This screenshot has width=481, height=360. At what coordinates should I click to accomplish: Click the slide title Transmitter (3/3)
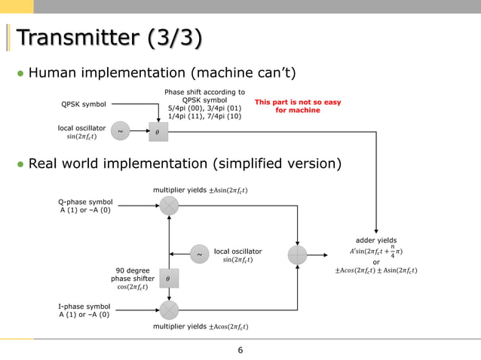click(x=109, y=38)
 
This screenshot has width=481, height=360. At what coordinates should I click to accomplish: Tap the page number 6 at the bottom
click(x=240, y=350)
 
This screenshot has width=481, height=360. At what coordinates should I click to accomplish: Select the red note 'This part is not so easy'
click(x=298, y=102)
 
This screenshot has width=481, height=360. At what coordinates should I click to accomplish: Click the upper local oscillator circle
click(x=121, y=131)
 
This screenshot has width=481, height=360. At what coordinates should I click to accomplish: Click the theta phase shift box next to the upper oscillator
click(x=158, y=132)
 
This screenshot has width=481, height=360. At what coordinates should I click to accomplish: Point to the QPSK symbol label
click(x=84, y=104)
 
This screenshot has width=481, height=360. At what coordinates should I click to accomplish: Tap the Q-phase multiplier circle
click(x=169, y=206)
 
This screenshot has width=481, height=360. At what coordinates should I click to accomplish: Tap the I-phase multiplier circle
click(x=169, y=310)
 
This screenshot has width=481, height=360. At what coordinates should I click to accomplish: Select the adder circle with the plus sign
click(x=297, y=255)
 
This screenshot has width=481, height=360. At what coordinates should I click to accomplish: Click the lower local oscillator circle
click(x=199, y=254)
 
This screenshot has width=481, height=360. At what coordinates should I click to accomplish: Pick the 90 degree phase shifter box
click(x=169, y=279)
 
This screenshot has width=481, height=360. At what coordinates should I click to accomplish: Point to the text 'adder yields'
click(x=376, y=240)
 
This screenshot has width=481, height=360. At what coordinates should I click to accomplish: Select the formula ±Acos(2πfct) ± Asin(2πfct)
click(x=376, y=270)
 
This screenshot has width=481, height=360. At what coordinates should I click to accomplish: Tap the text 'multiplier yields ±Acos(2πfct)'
click(x=201, y=327)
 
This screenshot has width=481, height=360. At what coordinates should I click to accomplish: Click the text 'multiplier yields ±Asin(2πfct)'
click(x=201, y=191)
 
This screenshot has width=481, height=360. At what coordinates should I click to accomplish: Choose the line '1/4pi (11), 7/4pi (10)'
click(x=204, y=116)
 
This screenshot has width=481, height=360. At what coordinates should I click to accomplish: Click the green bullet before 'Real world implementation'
click(x=20, y=164)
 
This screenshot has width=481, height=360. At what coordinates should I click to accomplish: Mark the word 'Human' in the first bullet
click(x=53, y=73)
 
